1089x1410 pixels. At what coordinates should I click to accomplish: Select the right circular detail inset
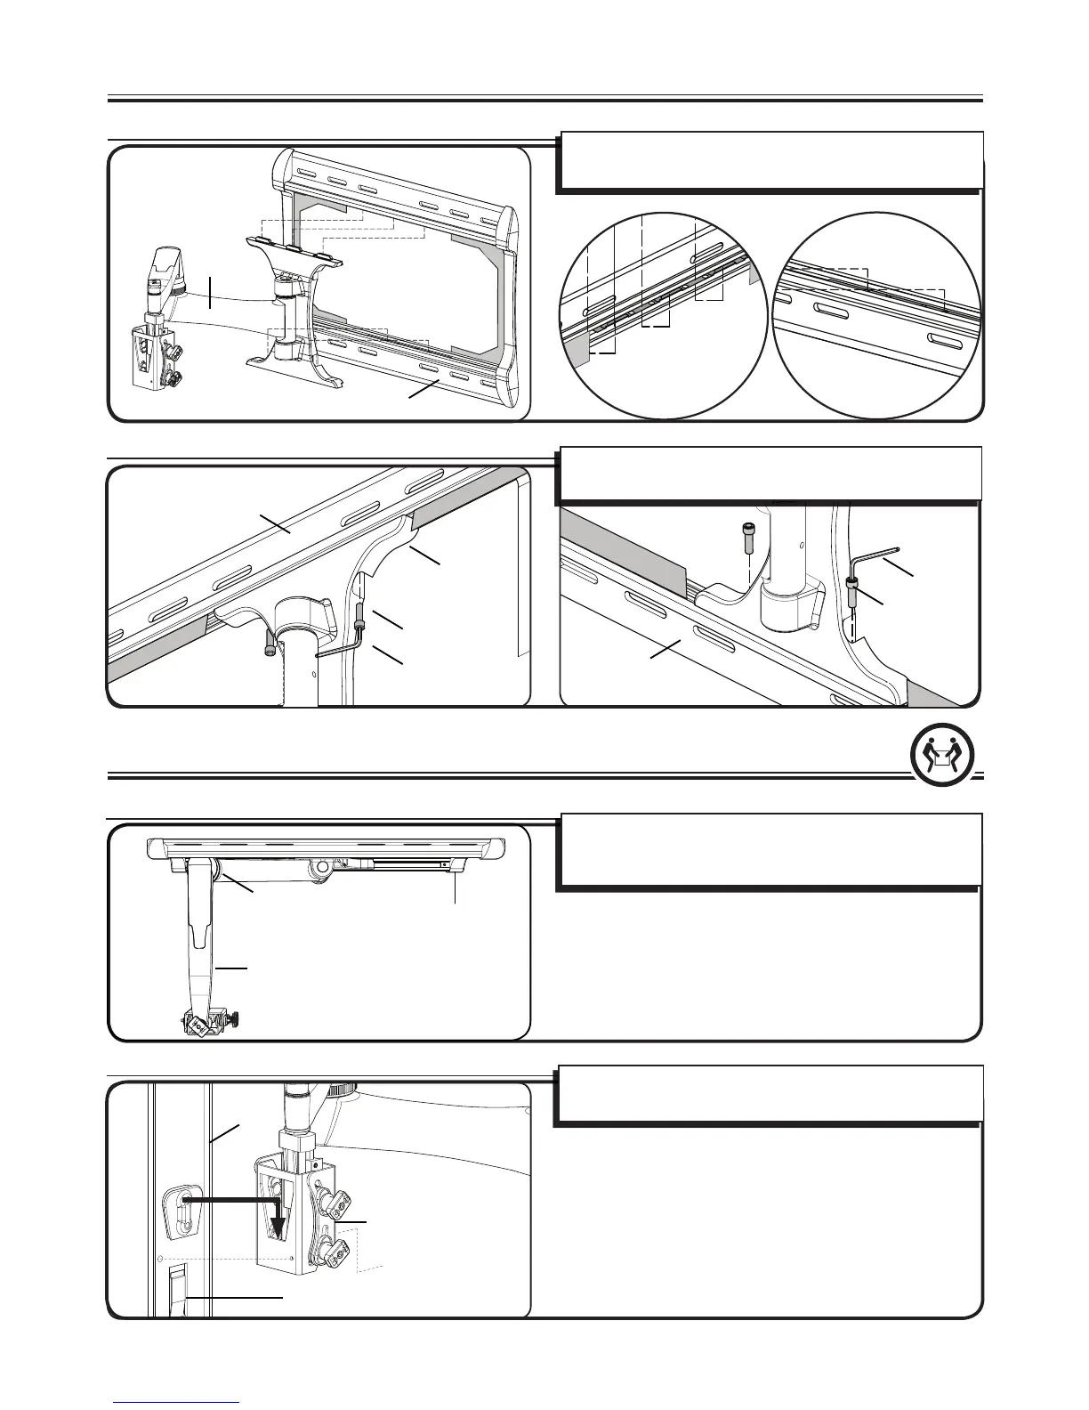click(x=877, y=313)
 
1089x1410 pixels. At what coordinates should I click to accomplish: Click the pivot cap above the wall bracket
click(x=166, y=263)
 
